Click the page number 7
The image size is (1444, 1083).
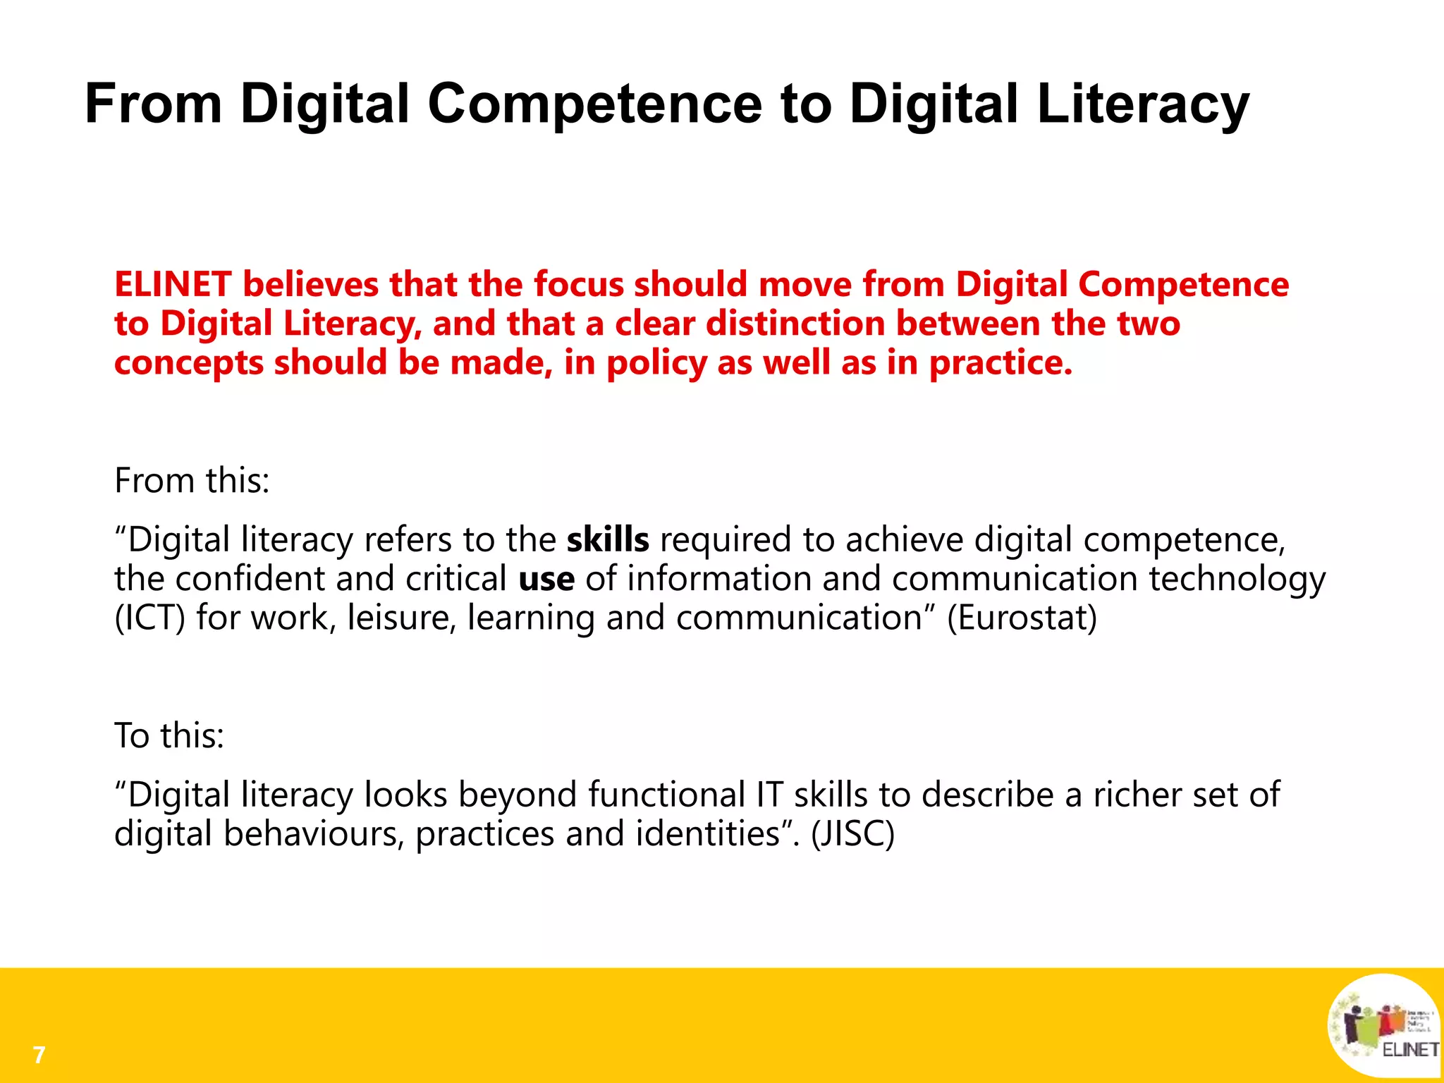pyautogui.click(x=39, y=1055)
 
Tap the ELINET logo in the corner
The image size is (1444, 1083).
pyautogui.click(x=1383, y=1026)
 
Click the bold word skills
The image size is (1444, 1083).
pyautogui.click(x=608, y=540)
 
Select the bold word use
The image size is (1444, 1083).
pyautogui.click(x=546, y=580)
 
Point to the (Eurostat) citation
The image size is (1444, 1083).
pyautogui.click(x=1022, y=618)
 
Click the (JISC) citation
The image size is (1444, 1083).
pyautogui.click(x=852, y=834)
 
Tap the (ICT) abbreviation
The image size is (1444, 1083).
pyautogui.click(x=149, y=618)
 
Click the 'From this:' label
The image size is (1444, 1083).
pyautogui.click(x=192, y=481)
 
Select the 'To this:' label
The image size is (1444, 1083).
pyautogui.click(x=169, y=735)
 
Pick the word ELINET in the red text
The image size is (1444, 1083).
pyautogui.click(x=173, y=284)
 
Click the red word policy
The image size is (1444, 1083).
pyautogui.click(x=656, y=364)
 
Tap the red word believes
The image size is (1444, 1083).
pyautogui.click(x=311, y=284)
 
